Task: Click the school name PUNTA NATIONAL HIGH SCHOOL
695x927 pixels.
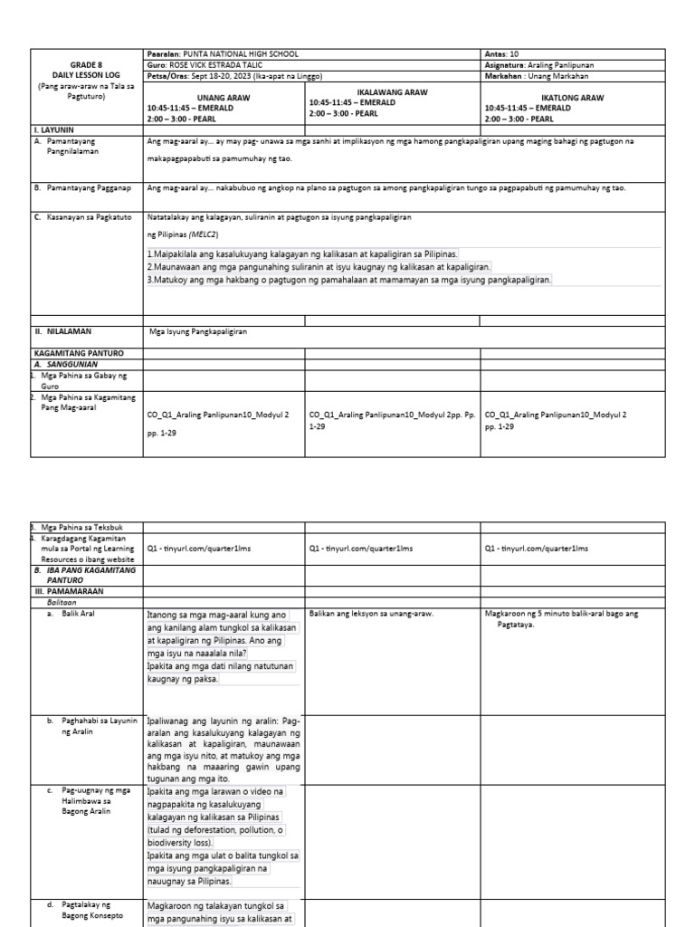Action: point(240,54)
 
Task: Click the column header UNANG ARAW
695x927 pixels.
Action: point(224,97)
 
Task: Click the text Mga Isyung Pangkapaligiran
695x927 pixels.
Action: point(199,331)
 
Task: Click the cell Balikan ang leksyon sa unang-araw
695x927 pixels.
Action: point(371,614)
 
